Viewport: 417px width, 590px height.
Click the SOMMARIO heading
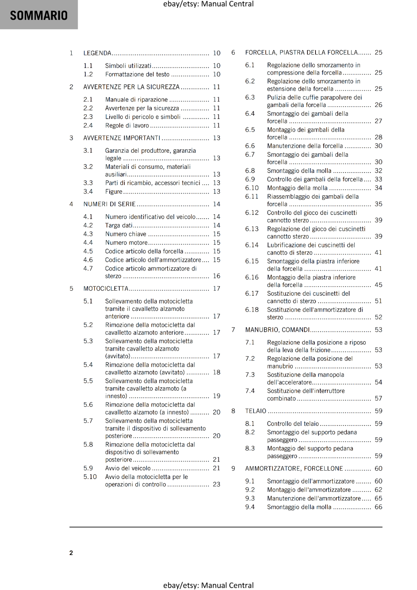[x=39, y=15]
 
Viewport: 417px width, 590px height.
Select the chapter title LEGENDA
[x=97, y=53]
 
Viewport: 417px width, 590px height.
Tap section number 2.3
[x=88, y=117]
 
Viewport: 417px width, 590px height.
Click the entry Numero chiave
[x=125, y=234]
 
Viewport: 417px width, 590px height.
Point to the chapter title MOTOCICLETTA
[x=106, y=289]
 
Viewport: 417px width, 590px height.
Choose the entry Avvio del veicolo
[x=128, y=468]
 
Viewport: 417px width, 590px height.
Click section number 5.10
[x=90, y=477]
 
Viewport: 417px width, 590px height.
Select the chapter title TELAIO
[x=256, y=411]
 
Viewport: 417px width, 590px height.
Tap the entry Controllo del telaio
[x=293, y=424]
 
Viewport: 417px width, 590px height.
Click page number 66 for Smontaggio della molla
[x=378, y=507]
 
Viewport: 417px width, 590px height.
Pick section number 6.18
[x=252, y=310]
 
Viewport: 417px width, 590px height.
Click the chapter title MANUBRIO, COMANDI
[x=278, y=330]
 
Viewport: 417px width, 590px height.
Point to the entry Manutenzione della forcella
[x=305, y=146]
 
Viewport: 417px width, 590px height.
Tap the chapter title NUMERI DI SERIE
[x=110, y=204]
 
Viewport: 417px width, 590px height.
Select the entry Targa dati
[x=118, y=225]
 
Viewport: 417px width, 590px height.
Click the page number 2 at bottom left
[x=71, y=553]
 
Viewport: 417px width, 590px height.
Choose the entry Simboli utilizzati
[x=128, y=66]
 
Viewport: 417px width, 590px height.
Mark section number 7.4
[x=250, y=391]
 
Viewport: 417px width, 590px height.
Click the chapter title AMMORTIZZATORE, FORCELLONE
[x=294, y=469]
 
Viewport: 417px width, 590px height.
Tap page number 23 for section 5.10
[x=217, y=485]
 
